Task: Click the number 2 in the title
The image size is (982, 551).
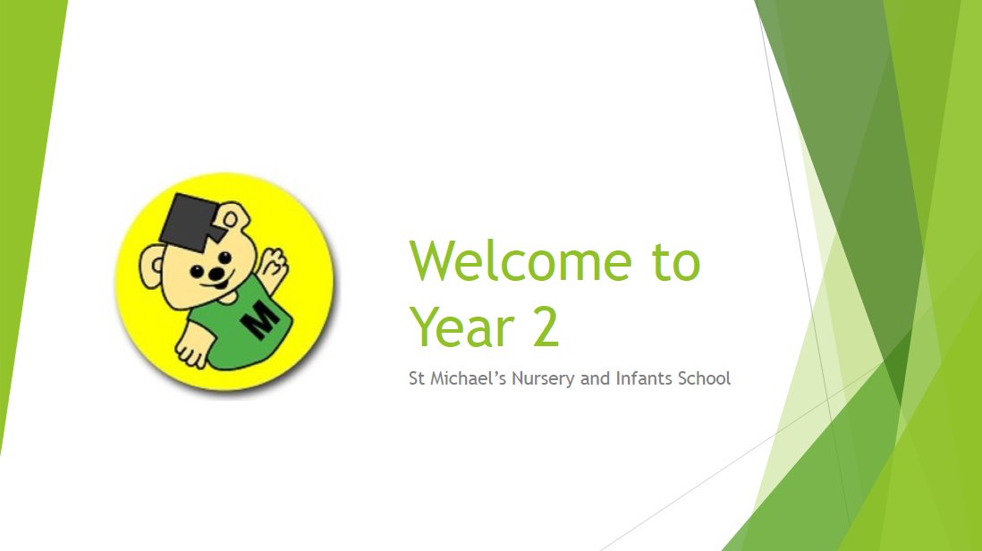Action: coord(546,326)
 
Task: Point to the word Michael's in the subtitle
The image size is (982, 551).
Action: coord(468,378)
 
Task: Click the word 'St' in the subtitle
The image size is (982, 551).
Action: coord(417,378)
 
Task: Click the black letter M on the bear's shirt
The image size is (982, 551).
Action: coord(262,319)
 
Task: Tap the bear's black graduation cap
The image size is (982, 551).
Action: coord(190,221)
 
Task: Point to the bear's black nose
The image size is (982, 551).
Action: coord(216,275)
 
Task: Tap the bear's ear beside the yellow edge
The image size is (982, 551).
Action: coord(150,267)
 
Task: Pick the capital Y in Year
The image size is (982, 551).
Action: coord(426,326)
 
